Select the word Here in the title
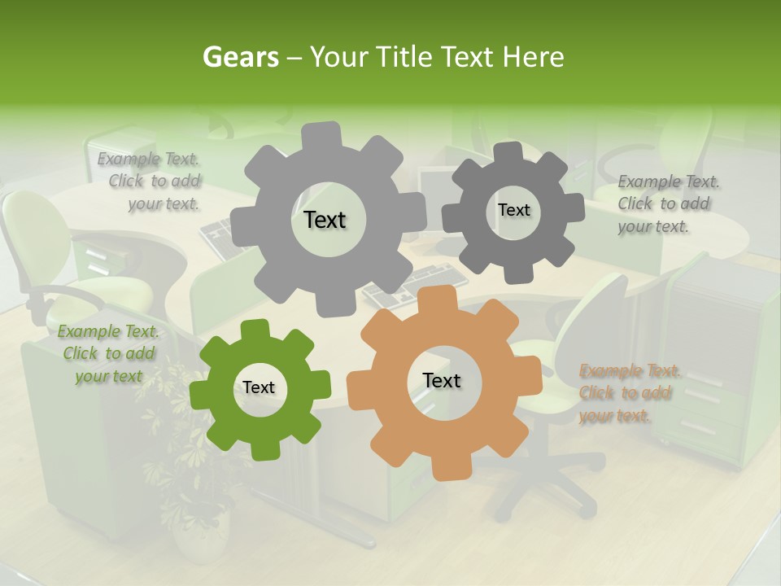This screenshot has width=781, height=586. pyautogui.click(x=534, y=57)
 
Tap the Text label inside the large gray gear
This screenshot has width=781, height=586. pyautogui.click(x=325, y=220)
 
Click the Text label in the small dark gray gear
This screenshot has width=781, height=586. pyautogui.click(x=513, y=210)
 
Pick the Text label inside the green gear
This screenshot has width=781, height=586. pyautogui.click(x=259, y=388)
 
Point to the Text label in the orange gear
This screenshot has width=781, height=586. pyautogui.click(x=442, y=381)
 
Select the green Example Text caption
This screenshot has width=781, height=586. pyautogui.click(x=108, y=353)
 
